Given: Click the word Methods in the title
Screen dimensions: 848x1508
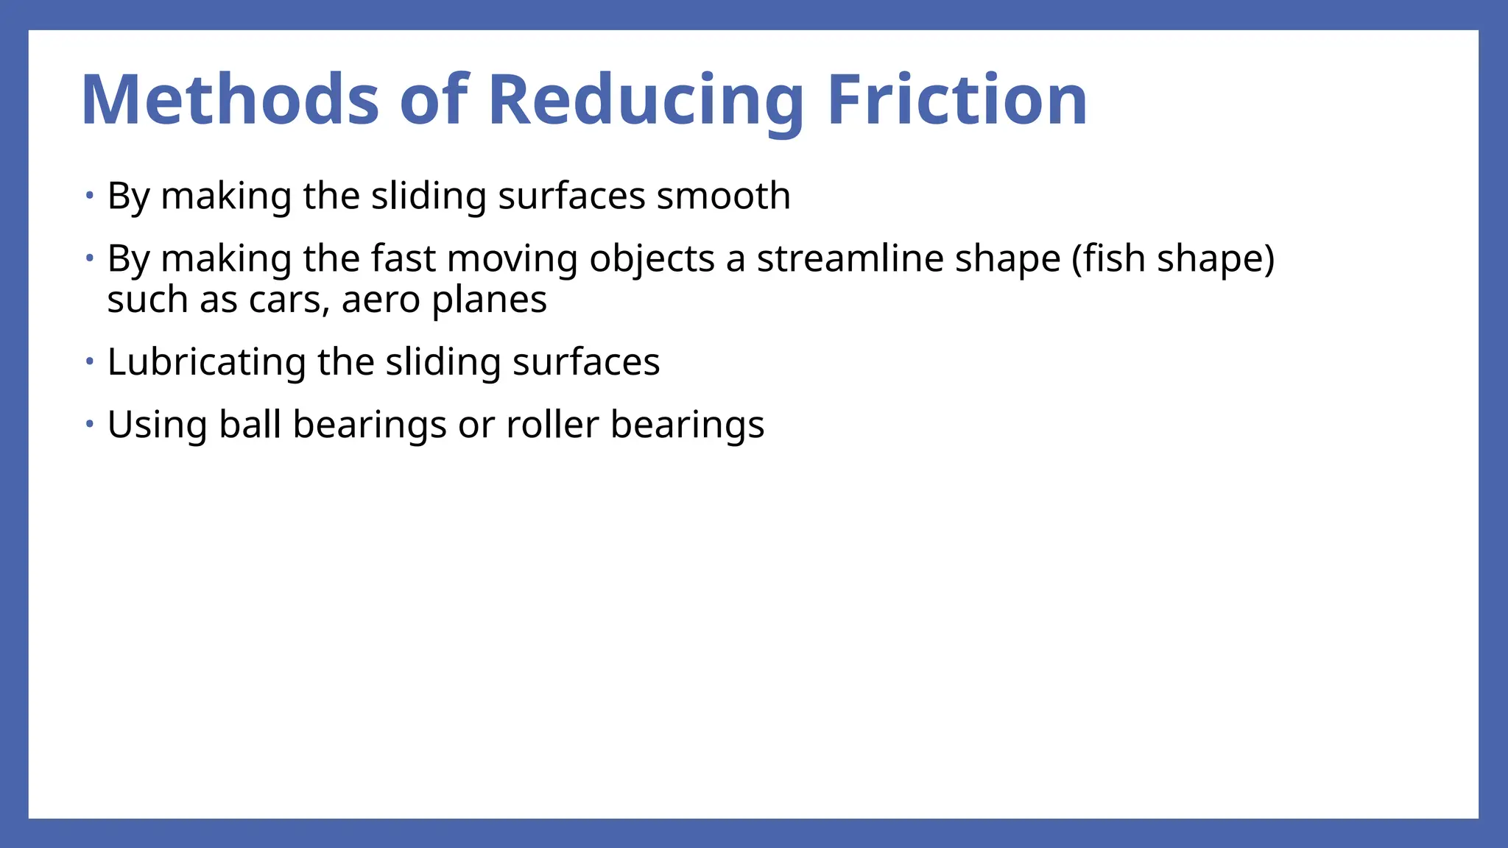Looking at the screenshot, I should [230, 100].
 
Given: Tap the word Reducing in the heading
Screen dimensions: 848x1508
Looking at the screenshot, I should [645, 100].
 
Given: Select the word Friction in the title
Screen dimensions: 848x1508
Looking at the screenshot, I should [956, 100].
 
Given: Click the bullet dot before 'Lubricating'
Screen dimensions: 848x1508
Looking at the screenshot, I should [89, 361].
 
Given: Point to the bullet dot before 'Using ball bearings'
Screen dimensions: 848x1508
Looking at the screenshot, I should [89, 424].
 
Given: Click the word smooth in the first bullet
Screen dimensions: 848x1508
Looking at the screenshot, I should [723, 196].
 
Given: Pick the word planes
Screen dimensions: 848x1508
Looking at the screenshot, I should [489, 300].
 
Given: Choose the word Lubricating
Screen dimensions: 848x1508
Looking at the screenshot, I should [206, 362].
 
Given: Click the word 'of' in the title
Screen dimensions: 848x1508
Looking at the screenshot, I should [434, 100].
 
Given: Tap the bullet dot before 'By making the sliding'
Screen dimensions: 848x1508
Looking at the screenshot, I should [89, 196].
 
